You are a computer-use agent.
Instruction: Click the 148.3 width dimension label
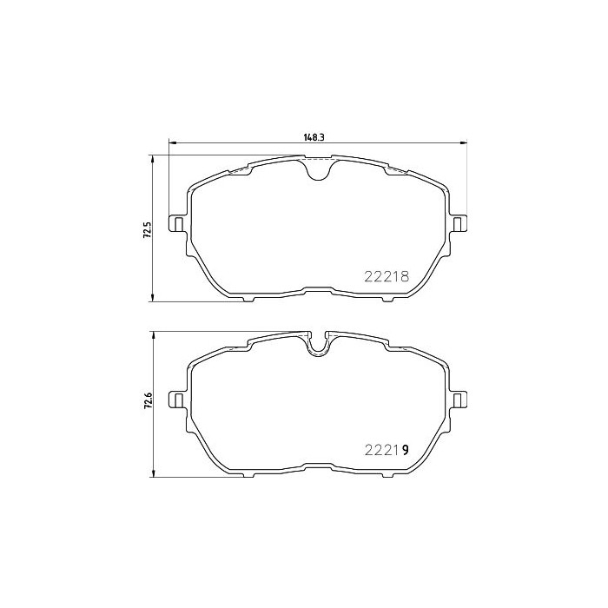coord(314,135)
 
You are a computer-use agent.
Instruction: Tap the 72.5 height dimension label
coord(147,229)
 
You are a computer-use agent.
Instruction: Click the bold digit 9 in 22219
coord(405,449)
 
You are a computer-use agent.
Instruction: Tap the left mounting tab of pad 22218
coord(177,224)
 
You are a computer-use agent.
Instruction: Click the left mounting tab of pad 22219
coord(177,399)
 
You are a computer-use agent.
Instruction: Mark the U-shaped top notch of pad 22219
coord(320,345)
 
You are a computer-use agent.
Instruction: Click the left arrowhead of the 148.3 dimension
coord(170,143)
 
